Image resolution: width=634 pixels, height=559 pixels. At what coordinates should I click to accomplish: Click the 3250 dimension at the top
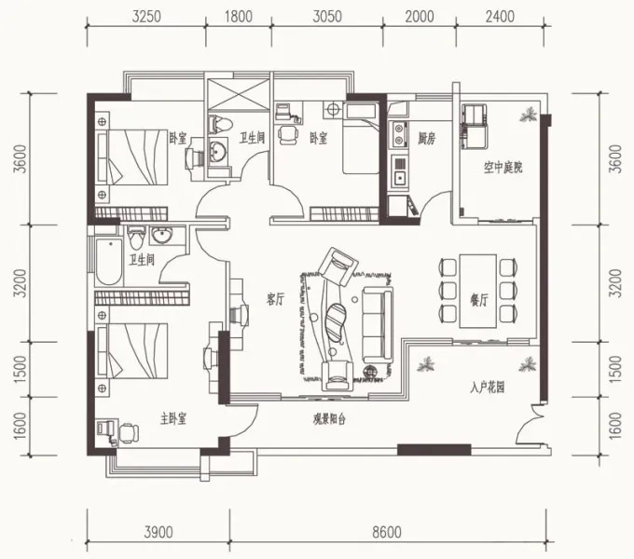pos(146,17)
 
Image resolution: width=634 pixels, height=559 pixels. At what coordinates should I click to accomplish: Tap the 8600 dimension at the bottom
pos(387,532)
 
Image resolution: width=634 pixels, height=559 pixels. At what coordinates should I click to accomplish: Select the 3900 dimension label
pos(158,532)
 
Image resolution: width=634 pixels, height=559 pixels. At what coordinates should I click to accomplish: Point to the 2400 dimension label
pos(500,17)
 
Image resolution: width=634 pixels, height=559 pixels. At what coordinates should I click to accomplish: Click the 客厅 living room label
pos(275,300)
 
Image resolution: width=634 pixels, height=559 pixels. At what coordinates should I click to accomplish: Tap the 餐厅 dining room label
pos(478,300)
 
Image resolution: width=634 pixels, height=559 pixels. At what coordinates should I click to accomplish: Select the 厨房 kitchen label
pos(427,139)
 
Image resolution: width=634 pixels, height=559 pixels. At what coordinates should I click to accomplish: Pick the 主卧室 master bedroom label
pos(173,419)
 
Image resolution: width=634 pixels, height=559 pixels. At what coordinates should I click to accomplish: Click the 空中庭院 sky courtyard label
pos(503,167)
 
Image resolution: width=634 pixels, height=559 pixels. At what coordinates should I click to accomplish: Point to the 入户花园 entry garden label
pos(488,389)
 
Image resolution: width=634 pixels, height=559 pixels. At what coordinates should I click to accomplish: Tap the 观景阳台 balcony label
pos(329,419)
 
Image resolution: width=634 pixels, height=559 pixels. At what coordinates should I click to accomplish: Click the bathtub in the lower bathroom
pos(109,262)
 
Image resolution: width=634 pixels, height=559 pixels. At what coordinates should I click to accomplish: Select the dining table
pos(478,291)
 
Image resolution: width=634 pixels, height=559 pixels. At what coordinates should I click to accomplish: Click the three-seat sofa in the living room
pos(378,325)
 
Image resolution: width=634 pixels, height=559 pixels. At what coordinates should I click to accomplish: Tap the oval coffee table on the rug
pos(336,322)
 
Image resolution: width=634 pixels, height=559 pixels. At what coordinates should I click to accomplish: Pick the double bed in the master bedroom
pos(132,350)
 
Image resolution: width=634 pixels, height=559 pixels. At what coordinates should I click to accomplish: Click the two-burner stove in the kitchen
pos(399,133)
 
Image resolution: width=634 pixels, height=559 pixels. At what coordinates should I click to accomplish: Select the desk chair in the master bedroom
pos(129,432)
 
